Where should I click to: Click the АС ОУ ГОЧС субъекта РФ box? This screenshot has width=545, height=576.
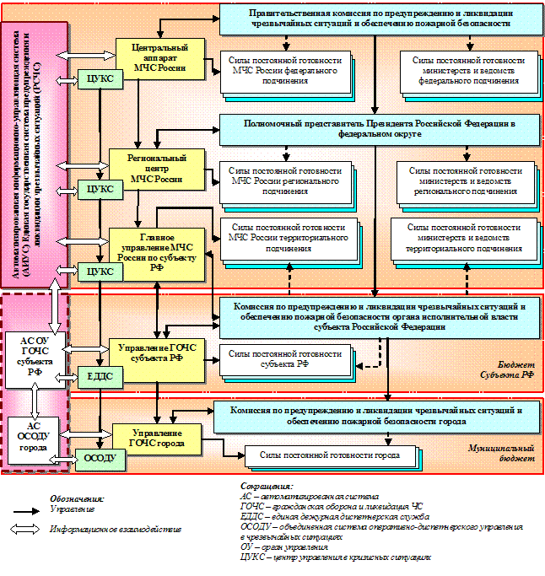point(35,354)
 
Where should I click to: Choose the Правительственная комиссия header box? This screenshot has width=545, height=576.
point(380,19)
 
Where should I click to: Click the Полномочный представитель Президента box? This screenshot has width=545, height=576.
point(379,128)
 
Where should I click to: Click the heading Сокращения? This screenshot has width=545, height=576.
point(264,487)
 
